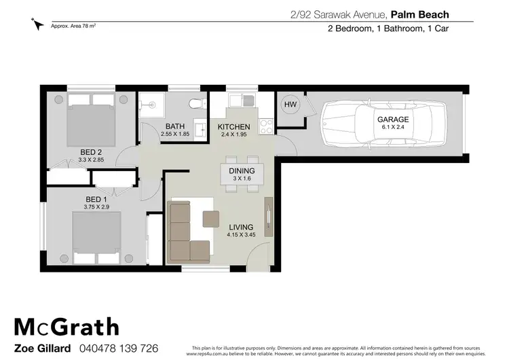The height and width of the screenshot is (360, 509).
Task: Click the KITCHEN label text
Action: pyautogui.click(x=233, y=127)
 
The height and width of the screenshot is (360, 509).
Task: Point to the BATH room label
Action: pyautogui.click(x=175, y=127)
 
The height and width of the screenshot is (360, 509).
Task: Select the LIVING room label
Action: pyautogui.click(x=240, y=227)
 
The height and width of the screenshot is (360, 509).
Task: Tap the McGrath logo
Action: pyautogui.click(x=66, y=327)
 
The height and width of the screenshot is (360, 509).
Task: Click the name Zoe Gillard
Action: pyautogui.click(x=41, y=348)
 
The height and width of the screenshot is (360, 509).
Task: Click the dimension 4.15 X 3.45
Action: pyautogui.click(x=240, y=235)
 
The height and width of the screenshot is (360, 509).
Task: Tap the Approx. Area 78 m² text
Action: pyautogui.click(x=73, y=25)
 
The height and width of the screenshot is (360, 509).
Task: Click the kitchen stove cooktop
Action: pyautogui.click(x=265, y=126)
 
